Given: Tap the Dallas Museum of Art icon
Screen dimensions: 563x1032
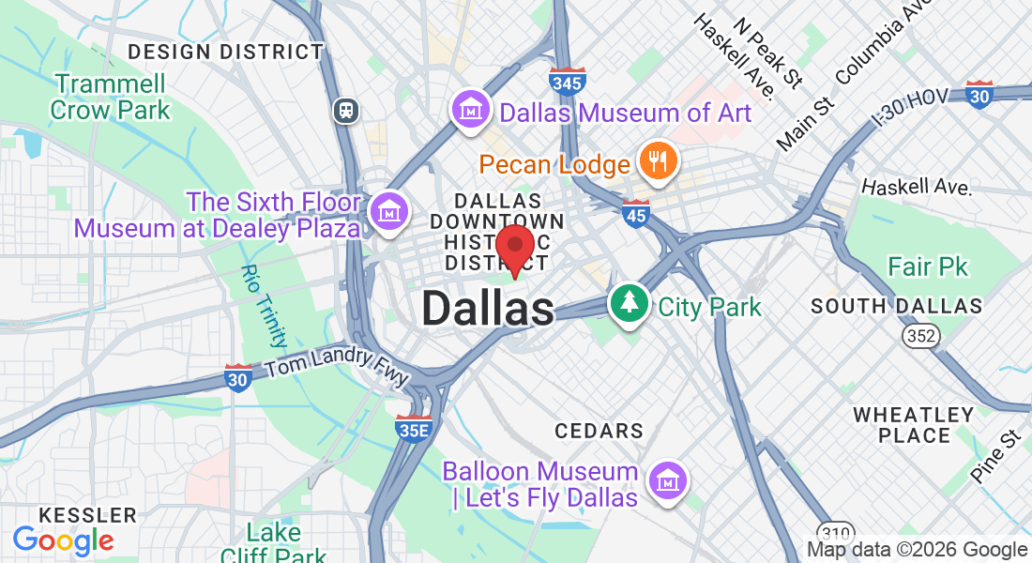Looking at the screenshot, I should (x=471, y=111).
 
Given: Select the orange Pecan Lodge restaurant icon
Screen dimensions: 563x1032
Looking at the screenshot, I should (x=659, y=161).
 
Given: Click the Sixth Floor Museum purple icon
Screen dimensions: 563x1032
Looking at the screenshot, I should (x=387, y=212).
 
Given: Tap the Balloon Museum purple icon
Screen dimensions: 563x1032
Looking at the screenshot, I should (x=667, y=482).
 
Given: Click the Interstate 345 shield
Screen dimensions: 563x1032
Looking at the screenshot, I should (x=569, y=82).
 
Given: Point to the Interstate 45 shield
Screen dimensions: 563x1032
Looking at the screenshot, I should (x=636, y=214).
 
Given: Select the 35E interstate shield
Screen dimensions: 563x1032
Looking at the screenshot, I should (x=413, y=429).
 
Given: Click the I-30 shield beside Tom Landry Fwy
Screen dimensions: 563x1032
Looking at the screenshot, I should (x=238, y=377).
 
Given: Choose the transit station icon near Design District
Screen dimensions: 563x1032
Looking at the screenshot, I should (x=347, y=111).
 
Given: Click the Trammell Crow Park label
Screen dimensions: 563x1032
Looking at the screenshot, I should (x=110, y=97).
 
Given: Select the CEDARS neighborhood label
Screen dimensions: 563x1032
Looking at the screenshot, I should (x=599, y=431).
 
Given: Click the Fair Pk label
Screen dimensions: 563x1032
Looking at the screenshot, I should (x=927, y=267).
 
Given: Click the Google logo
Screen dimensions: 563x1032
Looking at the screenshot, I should (x=63, y=540).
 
